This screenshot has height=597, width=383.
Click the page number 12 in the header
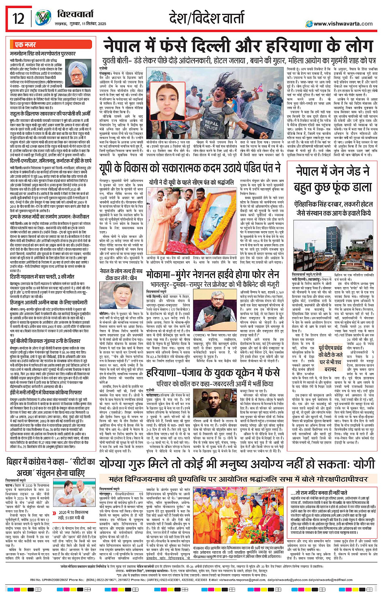coord(19,18)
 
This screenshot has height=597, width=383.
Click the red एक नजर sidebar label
coord(25,44)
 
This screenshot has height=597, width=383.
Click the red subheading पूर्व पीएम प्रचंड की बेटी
coord(330,354)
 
